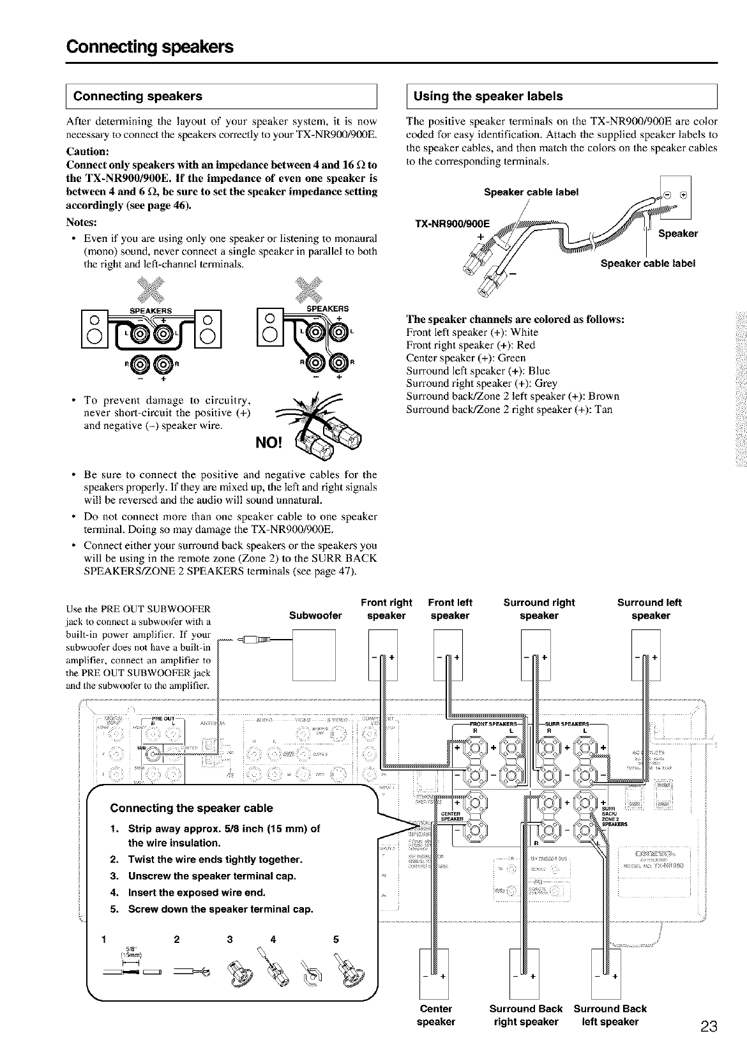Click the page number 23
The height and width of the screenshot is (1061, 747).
(x=708, y=1027)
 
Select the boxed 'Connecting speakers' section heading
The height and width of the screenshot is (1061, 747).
(x=138, y=96)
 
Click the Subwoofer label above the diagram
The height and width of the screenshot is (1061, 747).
(x=315, y=616)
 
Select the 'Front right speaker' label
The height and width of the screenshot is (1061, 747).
(x=386, y=609)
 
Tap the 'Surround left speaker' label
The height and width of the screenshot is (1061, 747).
(x=650, y=609)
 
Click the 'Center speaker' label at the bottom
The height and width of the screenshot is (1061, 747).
(x=436, y=1015)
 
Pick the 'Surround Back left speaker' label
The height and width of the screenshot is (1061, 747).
(x=610, y=1015)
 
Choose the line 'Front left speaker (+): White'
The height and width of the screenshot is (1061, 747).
(x=472, y=333)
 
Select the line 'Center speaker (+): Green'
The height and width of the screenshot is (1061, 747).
(x=465, y=358)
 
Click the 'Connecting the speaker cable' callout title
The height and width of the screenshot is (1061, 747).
(x=192, y=808)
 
